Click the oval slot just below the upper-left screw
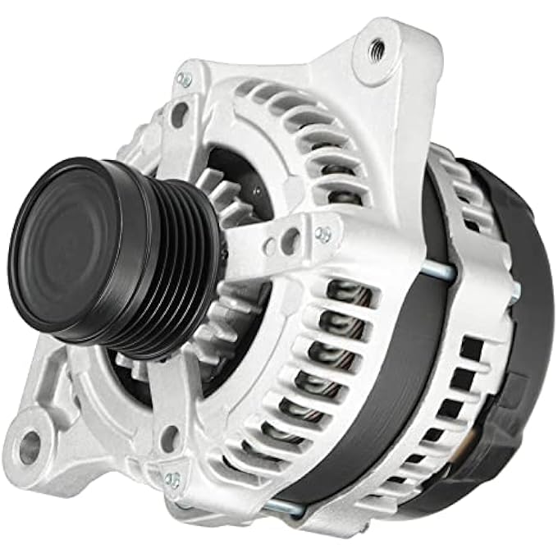178,115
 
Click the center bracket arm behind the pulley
263,238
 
